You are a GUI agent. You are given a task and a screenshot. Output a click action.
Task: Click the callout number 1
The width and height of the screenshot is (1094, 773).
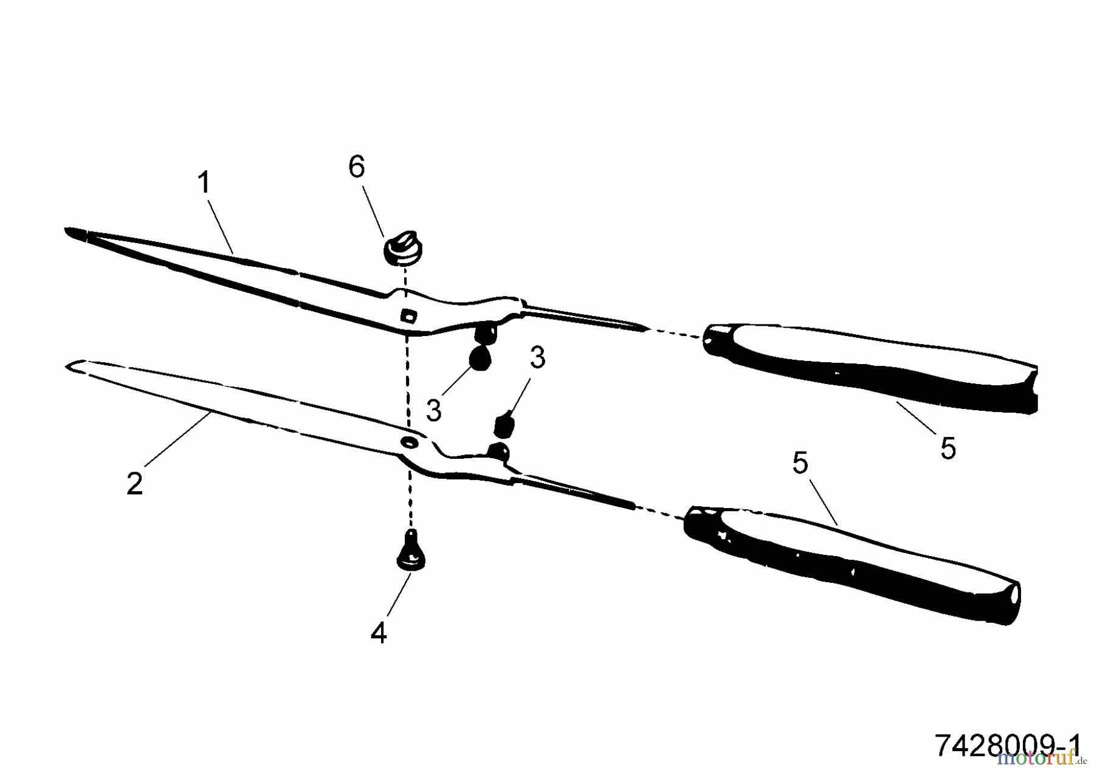pyautogui.click(x=204, y=182)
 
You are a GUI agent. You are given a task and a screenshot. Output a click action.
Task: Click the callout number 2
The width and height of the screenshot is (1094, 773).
pyautogui.click(x=135, y=483)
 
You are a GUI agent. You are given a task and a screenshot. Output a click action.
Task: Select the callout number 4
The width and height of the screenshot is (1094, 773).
pyautogui.click(x=379, y=633)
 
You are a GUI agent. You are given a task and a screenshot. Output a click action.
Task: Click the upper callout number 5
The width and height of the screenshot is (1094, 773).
pyautogui.click(x=948, y=448)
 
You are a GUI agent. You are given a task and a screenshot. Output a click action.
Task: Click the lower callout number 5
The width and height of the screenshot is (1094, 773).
pyautogui.click(x=800, y=463)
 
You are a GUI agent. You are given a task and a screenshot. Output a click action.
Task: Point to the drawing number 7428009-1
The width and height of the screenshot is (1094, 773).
pyautogui.click(x=1008, y=746)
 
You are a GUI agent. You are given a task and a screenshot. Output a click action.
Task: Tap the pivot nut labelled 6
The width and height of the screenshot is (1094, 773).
pyautogui.click(x=402, y=249)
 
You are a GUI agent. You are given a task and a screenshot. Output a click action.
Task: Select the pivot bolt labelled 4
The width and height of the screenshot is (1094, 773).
pyautogui.click(x=410, y=551)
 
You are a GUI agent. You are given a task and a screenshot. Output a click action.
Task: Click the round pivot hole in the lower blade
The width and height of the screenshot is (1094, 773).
pyautogui.click(x=409, y=442)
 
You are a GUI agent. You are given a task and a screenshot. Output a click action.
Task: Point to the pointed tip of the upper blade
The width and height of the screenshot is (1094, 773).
pyautogui.click(x=66, y=230)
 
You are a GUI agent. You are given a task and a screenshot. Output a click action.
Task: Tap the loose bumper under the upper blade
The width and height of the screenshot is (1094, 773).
pyautogui.click(x=480, y=359)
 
